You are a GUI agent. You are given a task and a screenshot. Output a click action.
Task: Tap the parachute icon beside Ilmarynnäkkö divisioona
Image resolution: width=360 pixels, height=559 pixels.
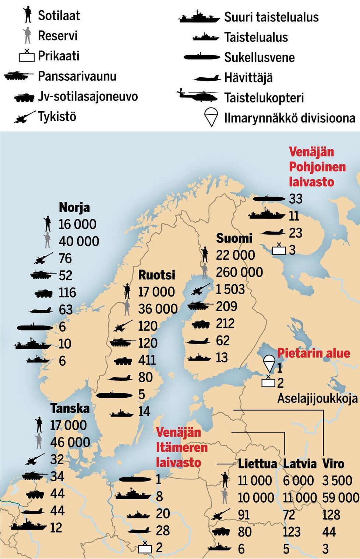pos(211,117)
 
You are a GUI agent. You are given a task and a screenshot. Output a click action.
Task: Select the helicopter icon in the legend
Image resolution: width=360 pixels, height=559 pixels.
pos(198,96)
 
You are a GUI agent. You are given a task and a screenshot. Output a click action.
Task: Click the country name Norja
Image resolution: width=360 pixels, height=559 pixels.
pos(74,207)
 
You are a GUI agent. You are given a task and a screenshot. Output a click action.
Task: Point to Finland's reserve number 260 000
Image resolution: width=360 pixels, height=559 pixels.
pos(239,272)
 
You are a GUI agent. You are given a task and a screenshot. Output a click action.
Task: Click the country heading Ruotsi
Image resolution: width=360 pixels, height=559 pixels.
pos(157,275)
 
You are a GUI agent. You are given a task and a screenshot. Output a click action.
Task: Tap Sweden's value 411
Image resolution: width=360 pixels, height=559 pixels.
pos(147,360)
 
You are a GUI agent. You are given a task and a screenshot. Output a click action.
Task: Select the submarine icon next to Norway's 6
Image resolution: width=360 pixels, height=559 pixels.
pos(35,327)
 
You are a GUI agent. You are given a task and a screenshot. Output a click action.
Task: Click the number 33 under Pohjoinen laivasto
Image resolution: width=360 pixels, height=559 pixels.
pos(296,199)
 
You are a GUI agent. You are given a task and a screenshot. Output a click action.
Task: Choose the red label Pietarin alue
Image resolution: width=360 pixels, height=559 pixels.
pos(313,353)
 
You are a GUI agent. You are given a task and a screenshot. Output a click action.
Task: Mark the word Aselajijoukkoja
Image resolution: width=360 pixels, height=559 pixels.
pos(317,398)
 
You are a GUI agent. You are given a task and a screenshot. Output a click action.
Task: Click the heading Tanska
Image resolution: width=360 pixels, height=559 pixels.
pos(70,408)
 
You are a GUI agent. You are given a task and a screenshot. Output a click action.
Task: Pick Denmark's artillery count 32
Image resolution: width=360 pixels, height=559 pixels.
pos(57,459)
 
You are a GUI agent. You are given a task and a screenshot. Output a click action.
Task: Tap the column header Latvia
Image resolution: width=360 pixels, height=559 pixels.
pos(300,464)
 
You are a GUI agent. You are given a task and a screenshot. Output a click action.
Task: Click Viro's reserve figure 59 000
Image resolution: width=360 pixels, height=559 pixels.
pos(340,498)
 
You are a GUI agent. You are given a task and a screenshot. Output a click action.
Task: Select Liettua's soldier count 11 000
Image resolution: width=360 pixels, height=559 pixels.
pos(255,481)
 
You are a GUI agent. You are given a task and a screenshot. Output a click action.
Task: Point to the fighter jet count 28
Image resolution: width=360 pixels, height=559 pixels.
pos(163,530)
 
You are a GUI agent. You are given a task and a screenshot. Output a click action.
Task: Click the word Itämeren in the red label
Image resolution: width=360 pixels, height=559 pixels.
pos(182,447)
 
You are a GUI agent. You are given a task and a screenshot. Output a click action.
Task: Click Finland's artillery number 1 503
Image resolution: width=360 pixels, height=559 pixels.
pos(230,289)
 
